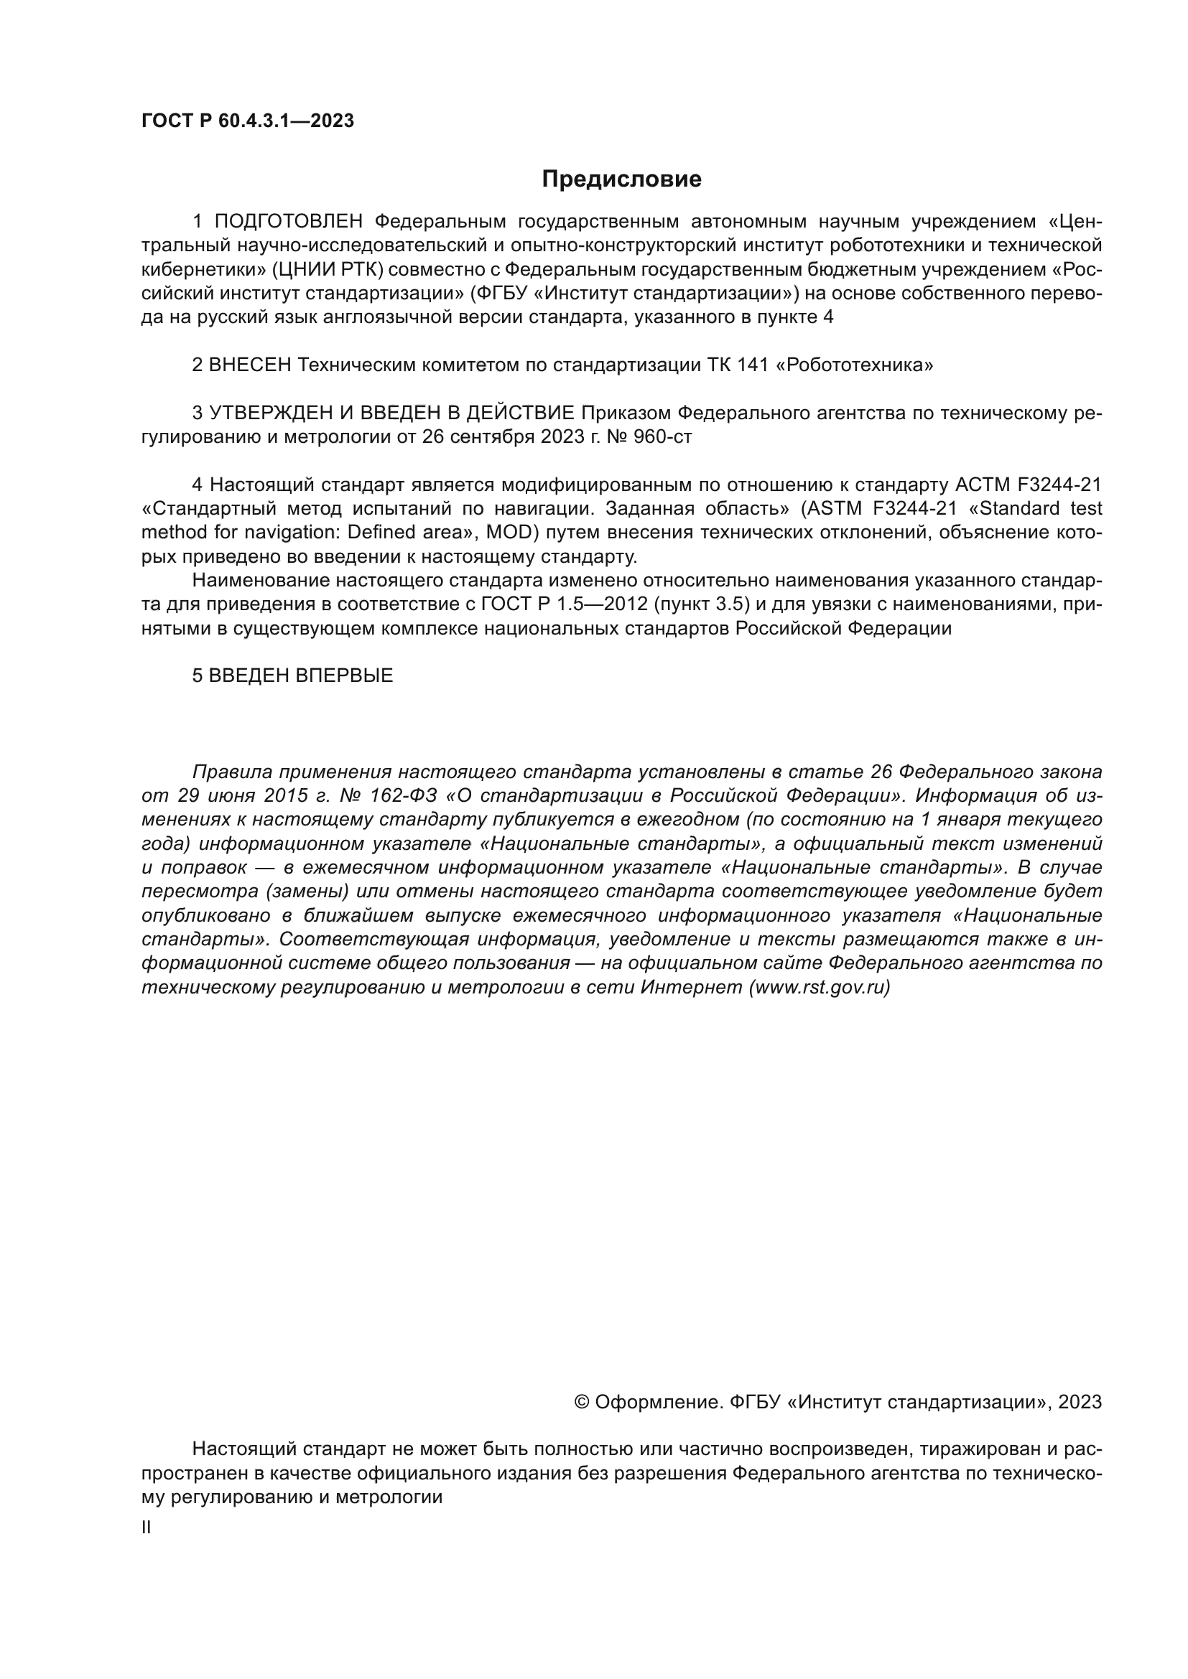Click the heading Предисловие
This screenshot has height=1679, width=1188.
point(621,179)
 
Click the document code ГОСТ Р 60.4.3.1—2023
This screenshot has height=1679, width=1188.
point(247,121)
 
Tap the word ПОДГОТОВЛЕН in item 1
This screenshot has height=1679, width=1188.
point(288,222)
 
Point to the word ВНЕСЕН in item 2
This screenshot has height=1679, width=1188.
point(250,365)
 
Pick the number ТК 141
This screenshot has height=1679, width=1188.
point(734,365)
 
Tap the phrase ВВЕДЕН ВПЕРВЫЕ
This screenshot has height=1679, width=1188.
point(301,675)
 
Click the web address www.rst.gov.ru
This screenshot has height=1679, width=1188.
point(820,988)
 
